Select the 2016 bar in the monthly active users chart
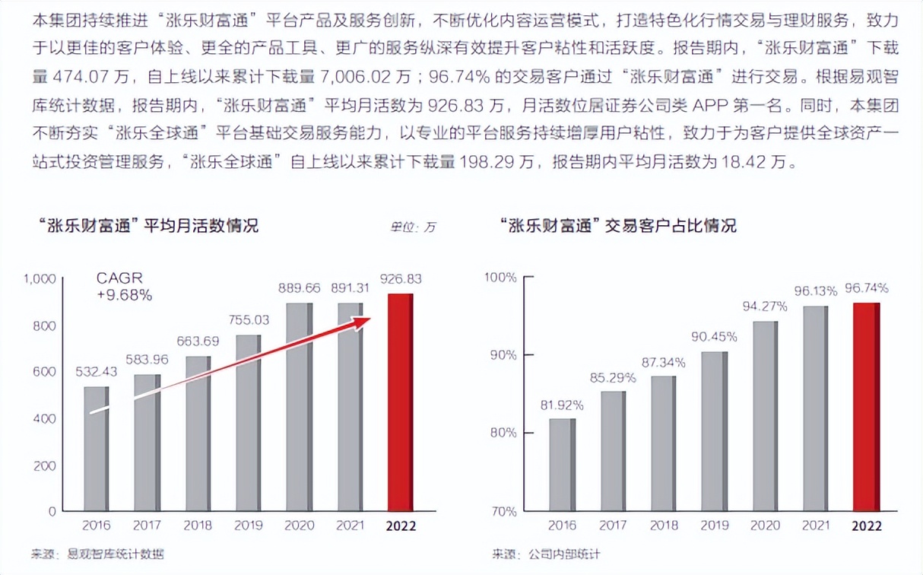click(x=97, y=448)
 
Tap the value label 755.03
click(x=249, y=320)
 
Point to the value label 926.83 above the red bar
click(x=400, y=278)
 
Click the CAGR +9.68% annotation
click(x=124, y=287)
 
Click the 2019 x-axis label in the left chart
click(x=249, y=526)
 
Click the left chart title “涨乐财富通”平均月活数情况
click(x=147, y=226)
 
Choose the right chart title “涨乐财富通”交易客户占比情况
click(x=618, y=226)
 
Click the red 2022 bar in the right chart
click(x=866, y=406)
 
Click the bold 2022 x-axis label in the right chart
click(x=866, y=526)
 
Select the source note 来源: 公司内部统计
click(x=545, y=554)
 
